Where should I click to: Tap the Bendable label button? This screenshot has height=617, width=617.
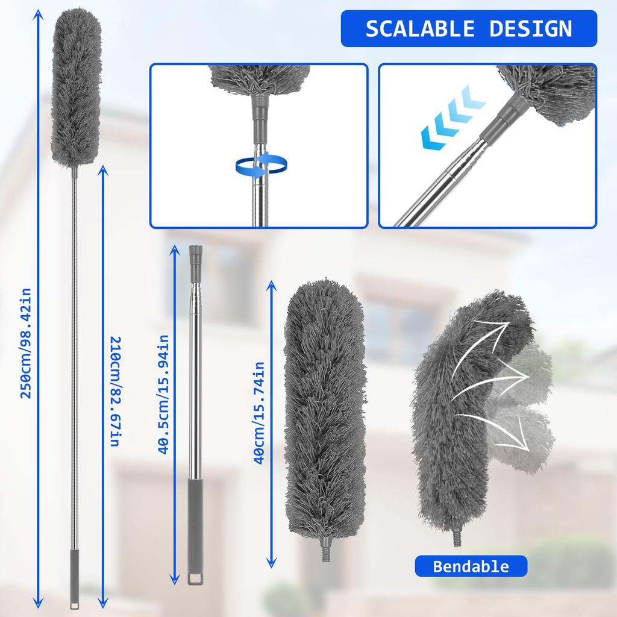471,566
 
